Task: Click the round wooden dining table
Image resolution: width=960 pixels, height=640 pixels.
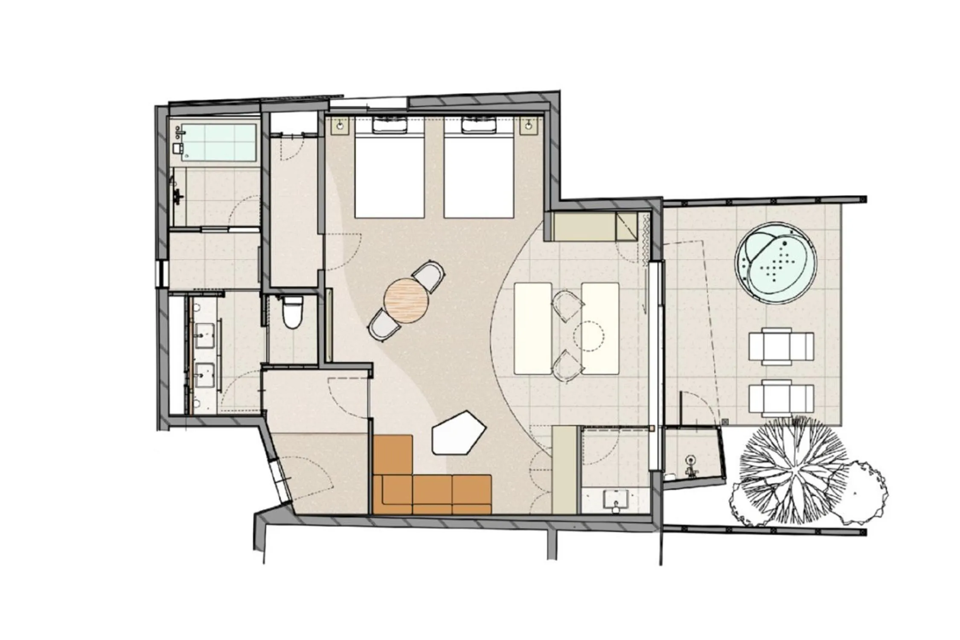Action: tap(406, 300)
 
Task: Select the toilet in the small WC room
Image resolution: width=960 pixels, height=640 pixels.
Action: tap(292, 313)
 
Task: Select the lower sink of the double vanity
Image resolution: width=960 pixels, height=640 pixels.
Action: tap(205, 375)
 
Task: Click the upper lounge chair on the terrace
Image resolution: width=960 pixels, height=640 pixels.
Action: tap(781, 346)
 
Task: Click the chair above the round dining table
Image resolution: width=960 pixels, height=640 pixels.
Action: tap(429, 277)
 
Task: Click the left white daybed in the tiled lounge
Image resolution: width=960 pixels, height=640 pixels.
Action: tap(533, 328)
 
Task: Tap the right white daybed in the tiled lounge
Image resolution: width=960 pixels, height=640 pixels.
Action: tap(600, 328)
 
